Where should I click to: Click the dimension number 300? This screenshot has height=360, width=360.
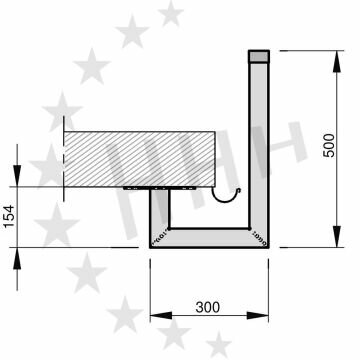point(208,306)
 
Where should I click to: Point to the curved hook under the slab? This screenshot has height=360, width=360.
point(231,197)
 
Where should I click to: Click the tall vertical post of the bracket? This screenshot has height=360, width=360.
point(259,140)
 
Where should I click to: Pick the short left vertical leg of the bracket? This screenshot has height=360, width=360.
point(157,215)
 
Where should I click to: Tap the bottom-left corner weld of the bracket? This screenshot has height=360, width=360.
point(157,237)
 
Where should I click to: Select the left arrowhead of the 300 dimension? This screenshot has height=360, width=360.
point(154,320)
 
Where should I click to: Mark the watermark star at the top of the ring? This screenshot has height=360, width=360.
point(171,12)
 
